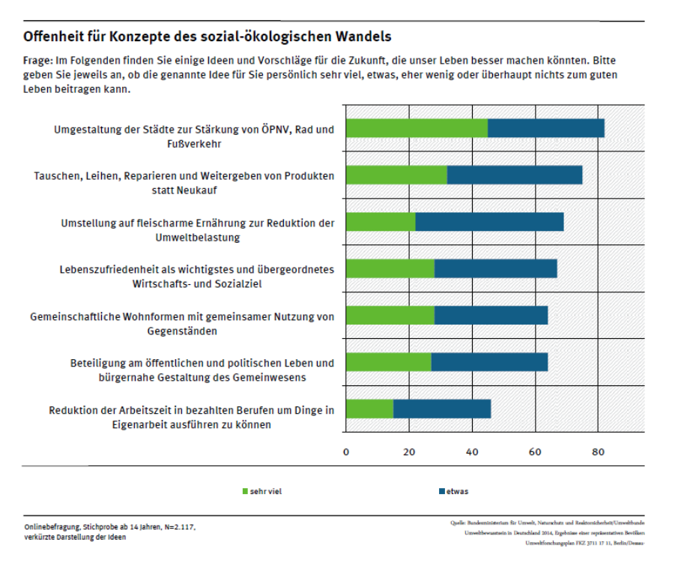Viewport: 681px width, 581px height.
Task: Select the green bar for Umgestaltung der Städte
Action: [417, 128]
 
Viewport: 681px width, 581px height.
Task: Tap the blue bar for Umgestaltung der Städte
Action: [546, 128]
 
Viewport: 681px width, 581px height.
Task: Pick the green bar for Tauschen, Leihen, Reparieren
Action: [397, 175]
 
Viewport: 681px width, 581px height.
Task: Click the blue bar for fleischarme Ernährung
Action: [489, 222]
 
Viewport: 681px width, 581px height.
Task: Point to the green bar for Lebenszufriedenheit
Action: [391, 268]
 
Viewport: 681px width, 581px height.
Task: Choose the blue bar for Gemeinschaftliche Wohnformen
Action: [491, 315]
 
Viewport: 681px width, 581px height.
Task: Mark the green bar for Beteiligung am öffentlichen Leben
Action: [390, 362]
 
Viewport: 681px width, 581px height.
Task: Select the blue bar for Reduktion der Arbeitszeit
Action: [442, 409]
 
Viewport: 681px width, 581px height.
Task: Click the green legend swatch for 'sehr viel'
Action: [244, 492]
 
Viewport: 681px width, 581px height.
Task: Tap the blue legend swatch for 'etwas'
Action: [441, 492]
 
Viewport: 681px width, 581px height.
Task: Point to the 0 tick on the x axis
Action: [346, 452]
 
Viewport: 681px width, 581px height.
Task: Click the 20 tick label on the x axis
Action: [409, 452]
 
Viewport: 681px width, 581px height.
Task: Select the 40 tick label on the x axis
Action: [472, 452]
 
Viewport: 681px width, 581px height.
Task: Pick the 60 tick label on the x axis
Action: [535, 452]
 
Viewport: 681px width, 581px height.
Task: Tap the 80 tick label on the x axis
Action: [598, 452]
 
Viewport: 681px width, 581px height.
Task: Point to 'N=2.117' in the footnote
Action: [180, 528]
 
